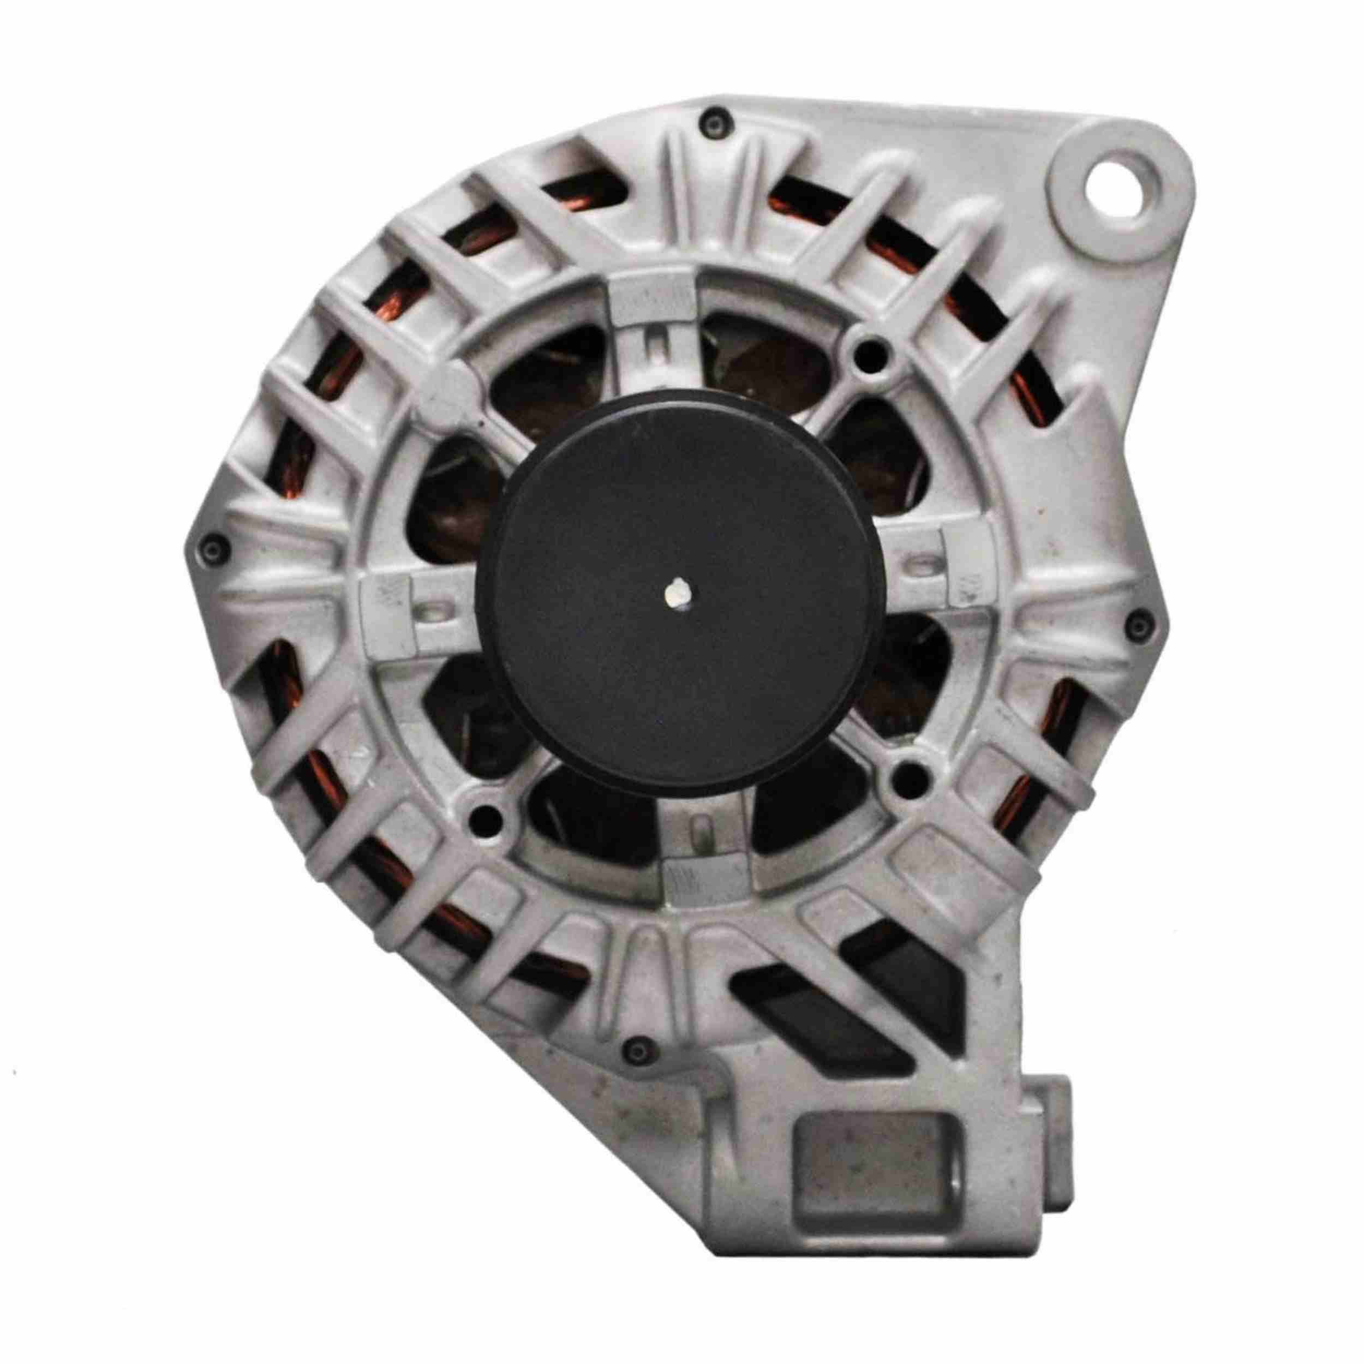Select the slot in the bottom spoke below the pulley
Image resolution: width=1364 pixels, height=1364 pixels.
click(699, 831)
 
